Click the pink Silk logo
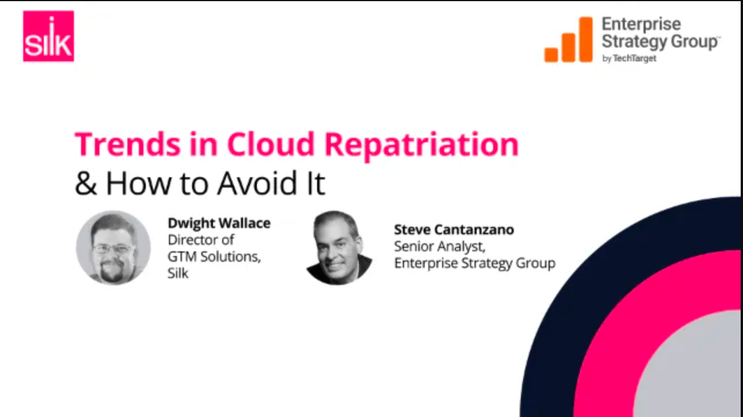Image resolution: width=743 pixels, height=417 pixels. click(49, 36)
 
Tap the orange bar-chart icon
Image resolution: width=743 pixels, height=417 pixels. click(568, 39)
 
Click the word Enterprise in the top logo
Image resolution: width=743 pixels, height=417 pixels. click(641, 24)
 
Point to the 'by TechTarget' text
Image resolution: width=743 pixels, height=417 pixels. click(629, 58)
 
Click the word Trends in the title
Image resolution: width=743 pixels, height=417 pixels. click(128, 144)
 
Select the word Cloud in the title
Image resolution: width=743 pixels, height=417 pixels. click(271, 144)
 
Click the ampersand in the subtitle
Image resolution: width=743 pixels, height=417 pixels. click(86, 183)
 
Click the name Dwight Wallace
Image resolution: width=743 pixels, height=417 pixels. click(219, 223)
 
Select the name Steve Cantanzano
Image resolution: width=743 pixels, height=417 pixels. click(454, 230)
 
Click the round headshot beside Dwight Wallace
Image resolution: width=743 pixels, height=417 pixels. click(113, 248)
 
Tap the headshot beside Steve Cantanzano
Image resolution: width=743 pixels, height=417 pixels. click(339, 248)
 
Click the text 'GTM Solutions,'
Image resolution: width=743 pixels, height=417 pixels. click(214, 257)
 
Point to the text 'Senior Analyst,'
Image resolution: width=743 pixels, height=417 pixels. click(440, 247)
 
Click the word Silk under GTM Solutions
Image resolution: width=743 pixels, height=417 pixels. click(178, 273)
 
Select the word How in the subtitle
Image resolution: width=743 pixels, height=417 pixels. click(138, 183)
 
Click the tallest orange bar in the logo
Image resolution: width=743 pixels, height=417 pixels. click(586, 39)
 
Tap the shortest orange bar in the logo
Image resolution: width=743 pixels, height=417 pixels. click(551, 55)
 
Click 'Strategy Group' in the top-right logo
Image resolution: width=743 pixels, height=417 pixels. click(660, 42)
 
